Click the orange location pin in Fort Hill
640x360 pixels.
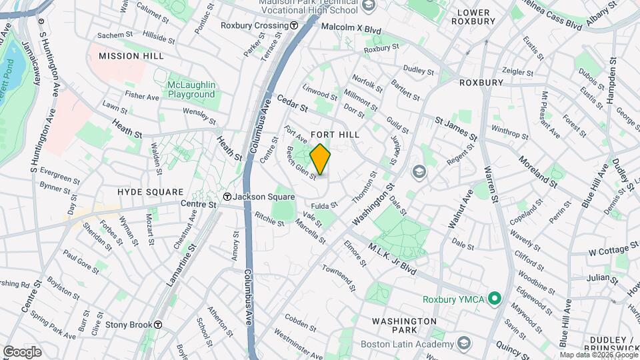tap(320, 160)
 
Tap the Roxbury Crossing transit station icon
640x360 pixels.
tap(294, 25)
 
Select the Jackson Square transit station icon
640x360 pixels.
tap(227, 197)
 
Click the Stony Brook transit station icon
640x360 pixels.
tap(158, 325)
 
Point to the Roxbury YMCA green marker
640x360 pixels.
tap(494, 297)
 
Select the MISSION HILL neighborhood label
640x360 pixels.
tap(131, 56)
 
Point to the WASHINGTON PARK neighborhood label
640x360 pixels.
tap(405, 326)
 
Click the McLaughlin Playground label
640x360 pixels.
tap(191, 89)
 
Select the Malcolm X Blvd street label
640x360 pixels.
tap(351, 29)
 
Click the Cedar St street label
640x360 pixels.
tap(293, 103)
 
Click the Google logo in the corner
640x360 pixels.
tap(22, 352)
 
